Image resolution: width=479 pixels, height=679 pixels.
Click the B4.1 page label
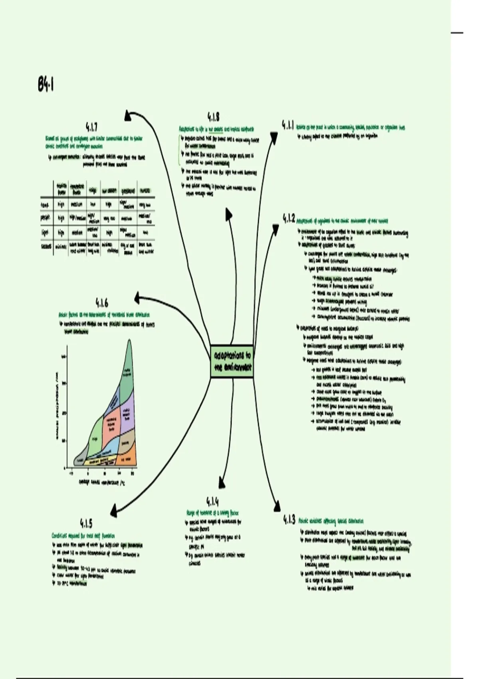[46, 85]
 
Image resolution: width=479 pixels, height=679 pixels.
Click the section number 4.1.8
[213, 117]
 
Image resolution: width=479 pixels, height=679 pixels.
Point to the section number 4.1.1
[288, 125]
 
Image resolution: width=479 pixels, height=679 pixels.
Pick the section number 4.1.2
[289, 218]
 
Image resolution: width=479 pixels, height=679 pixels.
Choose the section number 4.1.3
[289, 520]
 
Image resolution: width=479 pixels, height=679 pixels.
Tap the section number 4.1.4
[212, 501]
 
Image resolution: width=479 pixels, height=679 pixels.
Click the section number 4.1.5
[86, 523]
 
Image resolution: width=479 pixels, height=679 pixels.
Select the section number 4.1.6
[101, 302]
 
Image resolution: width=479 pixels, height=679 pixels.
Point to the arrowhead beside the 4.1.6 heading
[138, 297]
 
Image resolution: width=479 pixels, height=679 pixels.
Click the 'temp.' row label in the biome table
[46, 205]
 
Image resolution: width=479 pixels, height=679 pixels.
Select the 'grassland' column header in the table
[128, 191]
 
